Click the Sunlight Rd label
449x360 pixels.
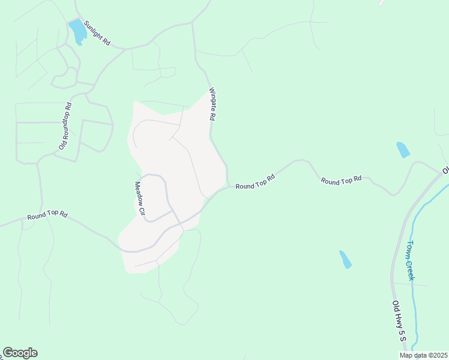coord(97,33)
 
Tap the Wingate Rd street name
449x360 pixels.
coord(212,105)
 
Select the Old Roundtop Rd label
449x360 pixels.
coord(65,126)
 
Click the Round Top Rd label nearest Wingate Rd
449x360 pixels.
coord(255,182)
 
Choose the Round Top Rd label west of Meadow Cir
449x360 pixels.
coord(47,214)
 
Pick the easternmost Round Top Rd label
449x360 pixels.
coord(341,179)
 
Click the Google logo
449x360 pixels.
coord(20,353)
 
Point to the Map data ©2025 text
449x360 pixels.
coord(424,355)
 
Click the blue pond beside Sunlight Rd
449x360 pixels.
coord(77,31)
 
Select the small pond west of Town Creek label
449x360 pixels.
coord(345,259)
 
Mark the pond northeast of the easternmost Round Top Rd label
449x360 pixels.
coord(403,149)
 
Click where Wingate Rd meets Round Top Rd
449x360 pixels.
coord(228,185)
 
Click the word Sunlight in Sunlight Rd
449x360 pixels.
coord(94,30)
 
